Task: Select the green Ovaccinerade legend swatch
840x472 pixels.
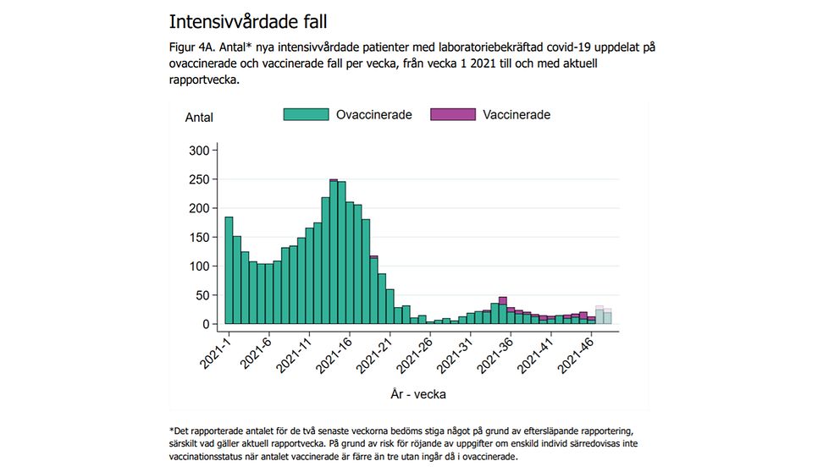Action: coord(305,114)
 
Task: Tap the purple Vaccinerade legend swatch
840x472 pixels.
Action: coord(453,114)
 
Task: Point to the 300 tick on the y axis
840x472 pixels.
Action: coord(198,151)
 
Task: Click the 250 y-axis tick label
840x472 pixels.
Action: coord(198,179)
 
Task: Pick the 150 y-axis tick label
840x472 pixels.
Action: coord(198,238)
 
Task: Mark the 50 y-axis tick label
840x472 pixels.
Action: coord(202,295)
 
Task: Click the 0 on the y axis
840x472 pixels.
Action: coord(205,324)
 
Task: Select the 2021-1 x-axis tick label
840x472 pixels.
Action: coord(217,352)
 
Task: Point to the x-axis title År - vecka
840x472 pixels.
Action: coord(418,393)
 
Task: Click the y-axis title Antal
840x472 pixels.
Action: coord(199,118)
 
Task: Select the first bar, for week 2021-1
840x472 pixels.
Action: coord(229,271)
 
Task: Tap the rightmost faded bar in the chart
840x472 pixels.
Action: coord(607,316)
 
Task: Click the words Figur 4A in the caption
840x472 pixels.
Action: coord(193,47)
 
